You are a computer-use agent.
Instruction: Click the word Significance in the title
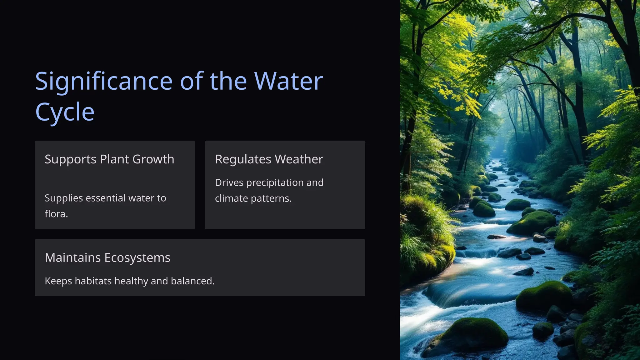pos(104,81)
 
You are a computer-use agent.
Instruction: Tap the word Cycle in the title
pos(65,112)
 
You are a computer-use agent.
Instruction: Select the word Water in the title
pos(288,81)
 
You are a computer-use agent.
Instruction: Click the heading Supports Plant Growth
pos(109,159)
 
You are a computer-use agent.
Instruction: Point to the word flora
pos(56,214)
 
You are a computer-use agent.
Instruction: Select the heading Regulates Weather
pos(269,159)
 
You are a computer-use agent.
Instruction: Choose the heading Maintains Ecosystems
pos(107,258)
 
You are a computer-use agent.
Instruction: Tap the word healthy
pos(131,281)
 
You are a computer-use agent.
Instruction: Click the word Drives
pos(229,182)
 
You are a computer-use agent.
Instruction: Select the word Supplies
pos(63,198)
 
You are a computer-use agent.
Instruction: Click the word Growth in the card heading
pos(153,159)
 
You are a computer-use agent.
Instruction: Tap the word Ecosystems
pos(137,258)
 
